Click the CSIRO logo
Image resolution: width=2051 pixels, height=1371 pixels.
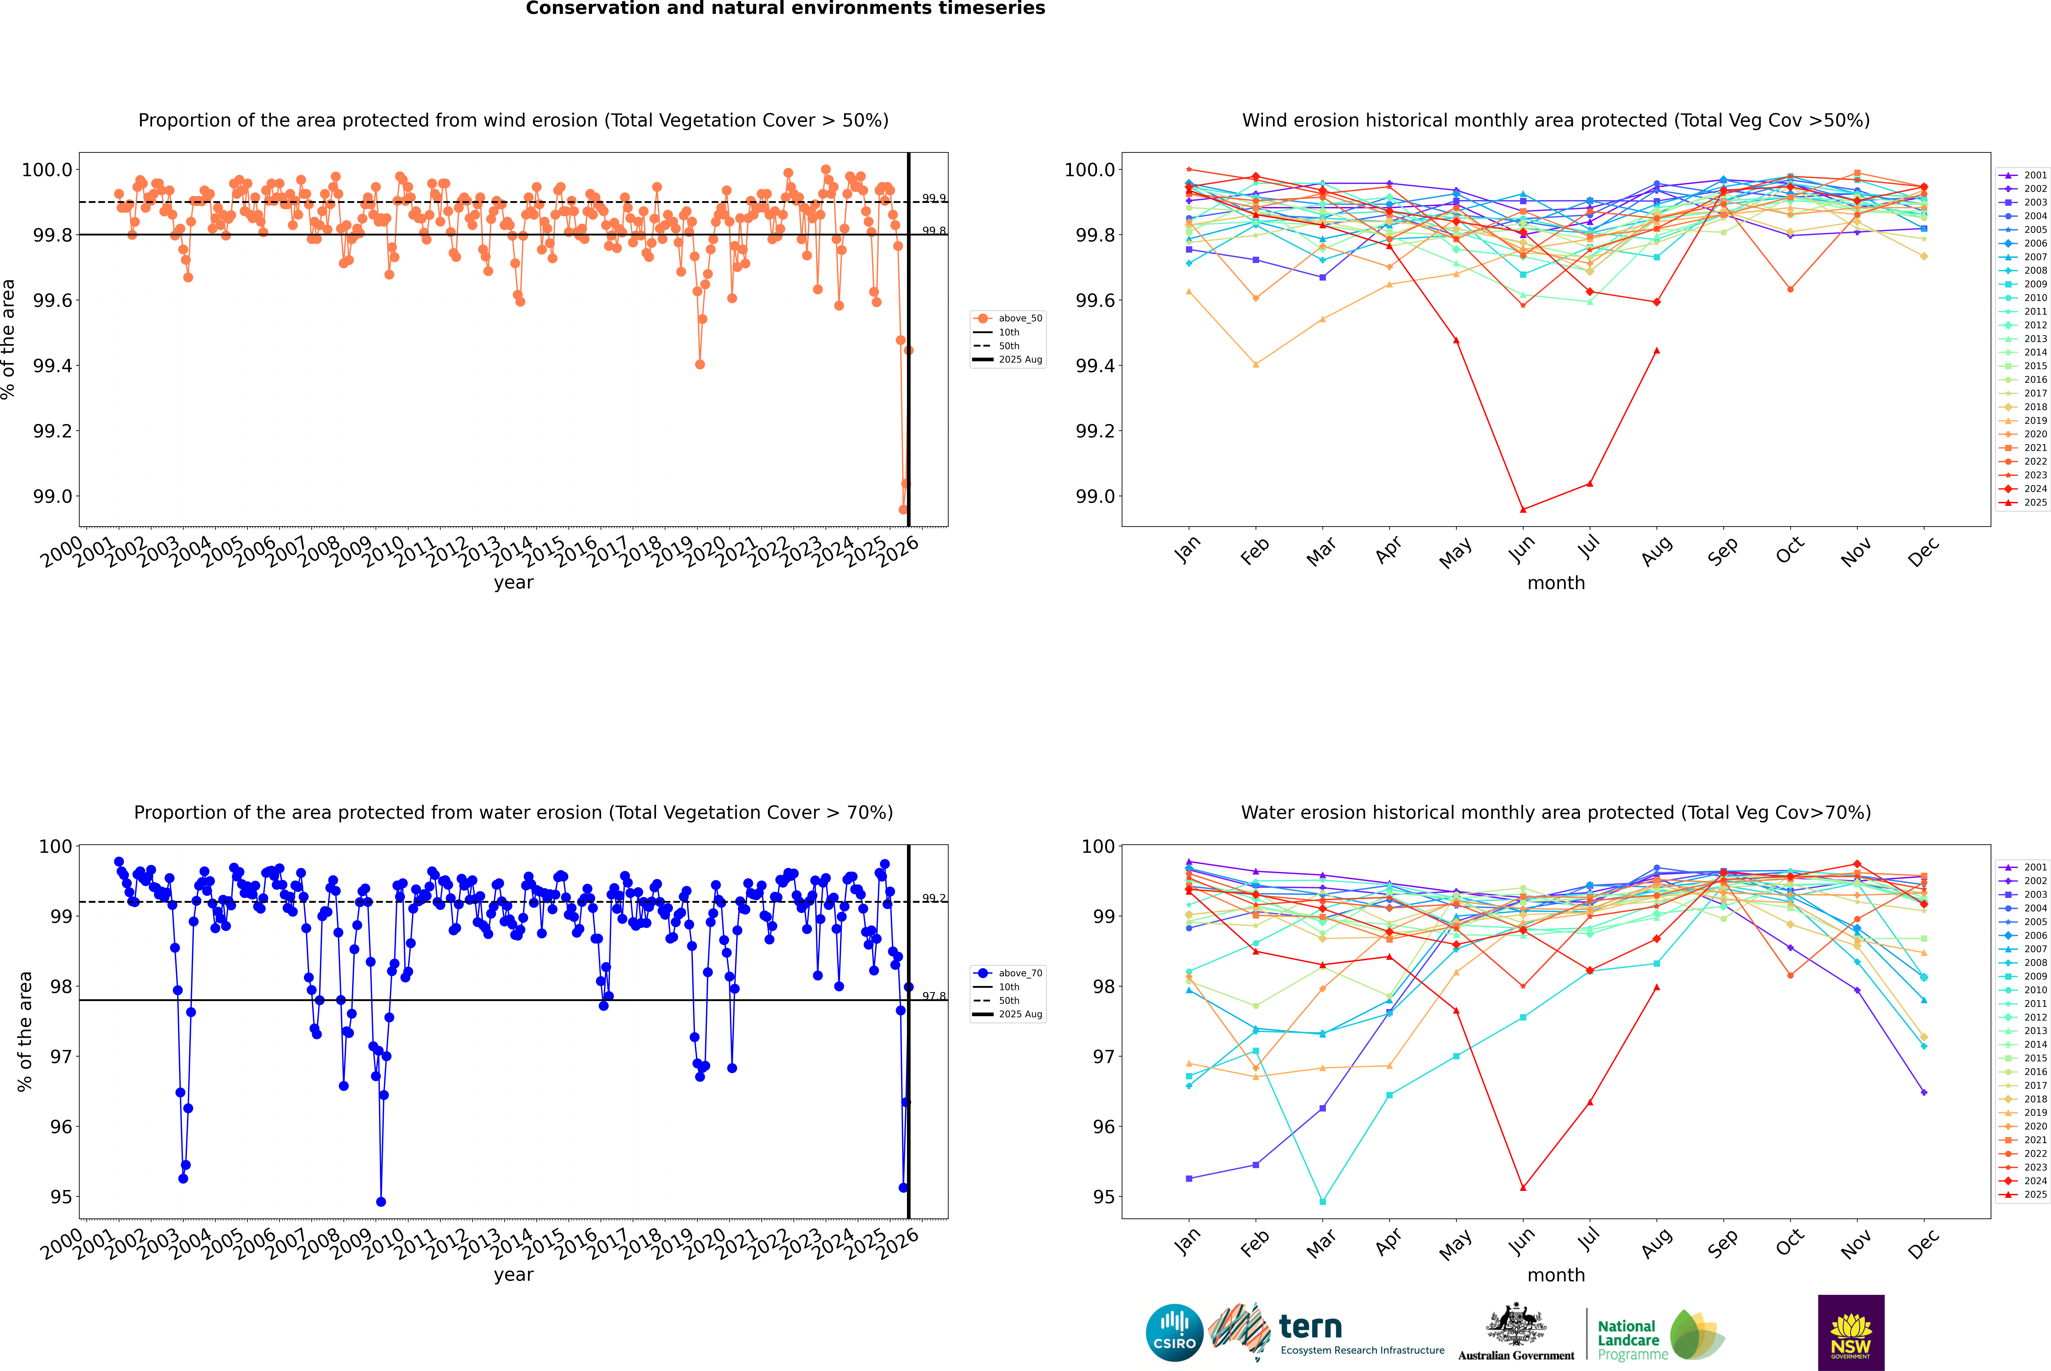(x=1174, y=1333)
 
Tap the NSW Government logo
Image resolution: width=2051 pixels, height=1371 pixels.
(x=1851, y=1333)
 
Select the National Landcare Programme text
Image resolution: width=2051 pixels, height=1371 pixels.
(x=1628, y=1340)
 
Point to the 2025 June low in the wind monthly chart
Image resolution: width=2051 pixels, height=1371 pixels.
(x=1523, y=510)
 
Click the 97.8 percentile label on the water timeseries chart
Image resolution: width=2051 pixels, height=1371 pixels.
(x=934, y=996)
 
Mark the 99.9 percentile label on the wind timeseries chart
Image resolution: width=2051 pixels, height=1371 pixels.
(x=934, y=199)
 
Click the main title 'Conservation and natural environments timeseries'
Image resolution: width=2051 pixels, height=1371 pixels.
(x=785, y=9)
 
